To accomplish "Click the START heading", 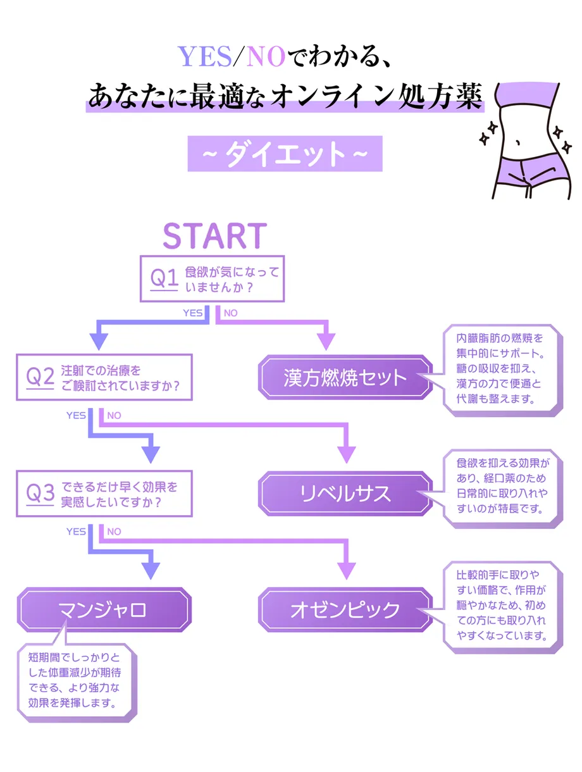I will [x=214, y=235].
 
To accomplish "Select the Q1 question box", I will [x=212, y=278].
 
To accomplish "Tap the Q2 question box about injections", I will [x=104, y=377].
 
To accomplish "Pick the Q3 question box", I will [x=104, y=494].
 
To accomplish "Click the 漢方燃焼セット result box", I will [x=345, y=377].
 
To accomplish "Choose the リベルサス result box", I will [x=345, y=494].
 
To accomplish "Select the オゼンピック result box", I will [x=345, y=610].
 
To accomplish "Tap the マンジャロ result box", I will [x=103, y=610].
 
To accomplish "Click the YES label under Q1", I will [x=192, y=313].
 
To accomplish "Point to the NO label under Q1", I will [x=230, y=313].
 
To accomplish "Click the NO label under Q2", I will [x=114, y=416].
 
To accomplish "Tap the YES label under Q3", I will [x=76, y=532].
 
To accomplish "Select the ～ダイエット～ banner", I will [x=285, y=154].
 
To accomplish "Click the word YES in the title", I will [x=204, y=58].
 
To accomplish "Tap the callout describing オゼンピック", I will [x=502, y=606].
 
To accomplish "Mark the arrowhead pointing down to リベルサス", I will [x=346, y=454].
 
